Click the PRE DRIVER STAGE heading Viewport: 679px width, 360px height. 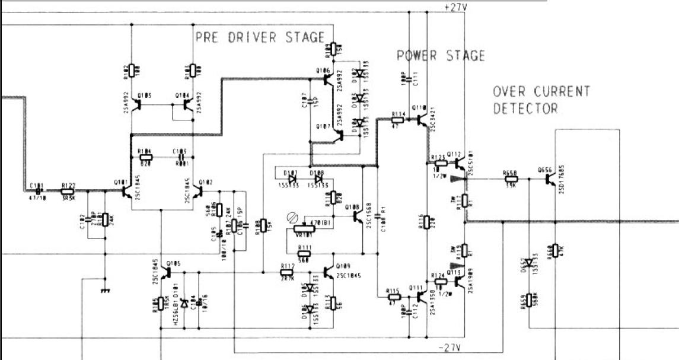click(260, 37)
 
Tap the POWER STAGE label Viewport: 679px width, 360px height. click(441, 56)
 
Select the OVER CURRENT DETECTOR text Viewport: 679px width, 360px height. click(541, 100)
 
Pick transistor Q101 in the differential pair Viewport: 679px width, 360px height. click(127, 191)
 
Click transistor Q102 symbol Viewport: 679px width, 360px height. click(198, 191)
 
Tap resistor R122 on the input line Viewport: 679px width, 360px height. click(68, 191)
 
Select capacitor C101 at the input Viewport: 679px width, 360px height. click(39, 191)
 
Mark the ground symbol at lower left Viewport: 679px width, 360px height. click(106, 291)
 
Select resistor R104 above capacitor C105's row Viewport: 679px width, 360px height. click(145, 157)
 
